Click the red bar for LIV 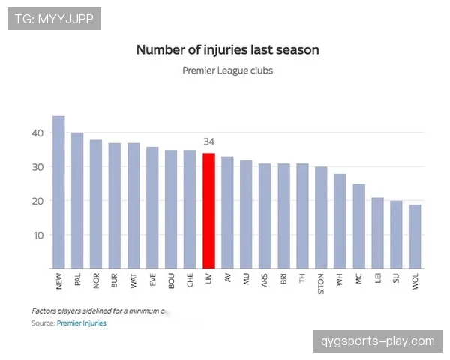pyautogui.click(x=208, y=211)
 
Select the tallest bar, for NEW pyautogui.click(x=58, y=192)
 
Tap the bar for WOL pyautogui.click(x=415, y=236)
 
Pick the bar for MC pyautogui.click(x=358, y=226)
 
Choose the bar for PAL pyautogui.click(x=77, y=200)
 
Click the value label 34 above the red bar pyautogui.click(x=209, y=141)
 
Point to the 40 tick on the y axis pyautogui.click(x=38, y=133)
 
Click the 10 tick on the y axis pyautogui.click(x=38, y=235)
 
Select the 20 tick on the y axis pyautogui.click(x=38, y=201)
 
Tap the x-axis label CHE pyautogui.click(x=190, y=281)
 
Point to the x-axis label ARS pyautogui.click(x=265, y=281)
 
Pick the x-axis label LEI pyautogui.click(x=378, y=280)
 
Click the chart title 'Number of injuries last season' pyautogui.click(x=227, y=50)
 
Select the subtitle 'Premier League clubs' pyautogui.click(x=227, y=70)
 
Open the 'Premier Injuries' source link pyautogui.click(x=81, y=323)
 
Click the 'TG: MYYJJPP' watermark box pyautogui.click(x=54, y=18)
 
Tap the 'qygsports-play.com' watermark pyautogui.click(x=378, y=341)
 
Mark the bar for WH pyautogui.click(x=340, y=221)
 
